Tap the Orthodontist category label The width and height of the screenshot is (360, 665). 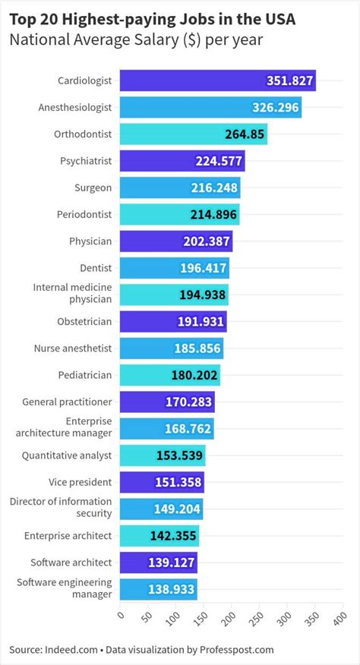[x=83, y=134]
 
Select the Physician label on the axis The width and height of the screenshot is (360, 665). [x=90, y=241]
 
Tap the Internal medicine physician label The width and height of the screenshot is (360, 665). [x=72, y=295]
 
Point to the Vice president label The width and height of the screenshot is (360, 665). [x=80, y=482]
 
